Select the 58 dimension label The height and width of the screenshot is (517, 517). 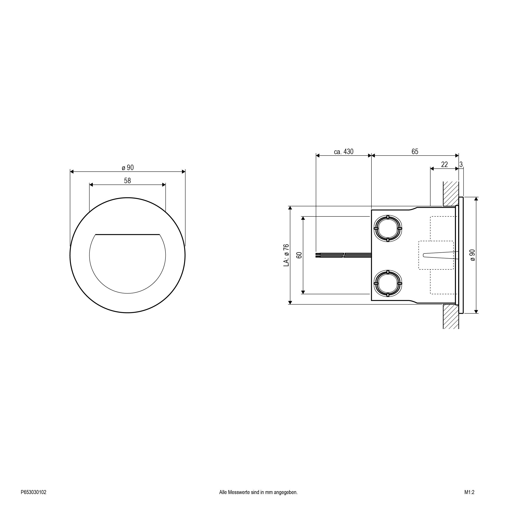click(x=127, y=181)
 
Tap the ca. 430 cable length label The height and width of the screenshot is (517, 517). click(x=344, y=152)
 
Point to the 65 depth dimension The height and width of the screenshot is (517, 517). click(x=415, y=152)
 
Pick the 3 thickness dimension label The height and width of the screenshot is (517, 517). click(x=461, y=165)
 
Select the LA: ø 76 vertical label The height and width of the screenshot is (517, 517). click(x=286, y=255)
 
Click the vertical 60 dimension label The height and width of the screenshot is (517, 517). click(x=299, y=255)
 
